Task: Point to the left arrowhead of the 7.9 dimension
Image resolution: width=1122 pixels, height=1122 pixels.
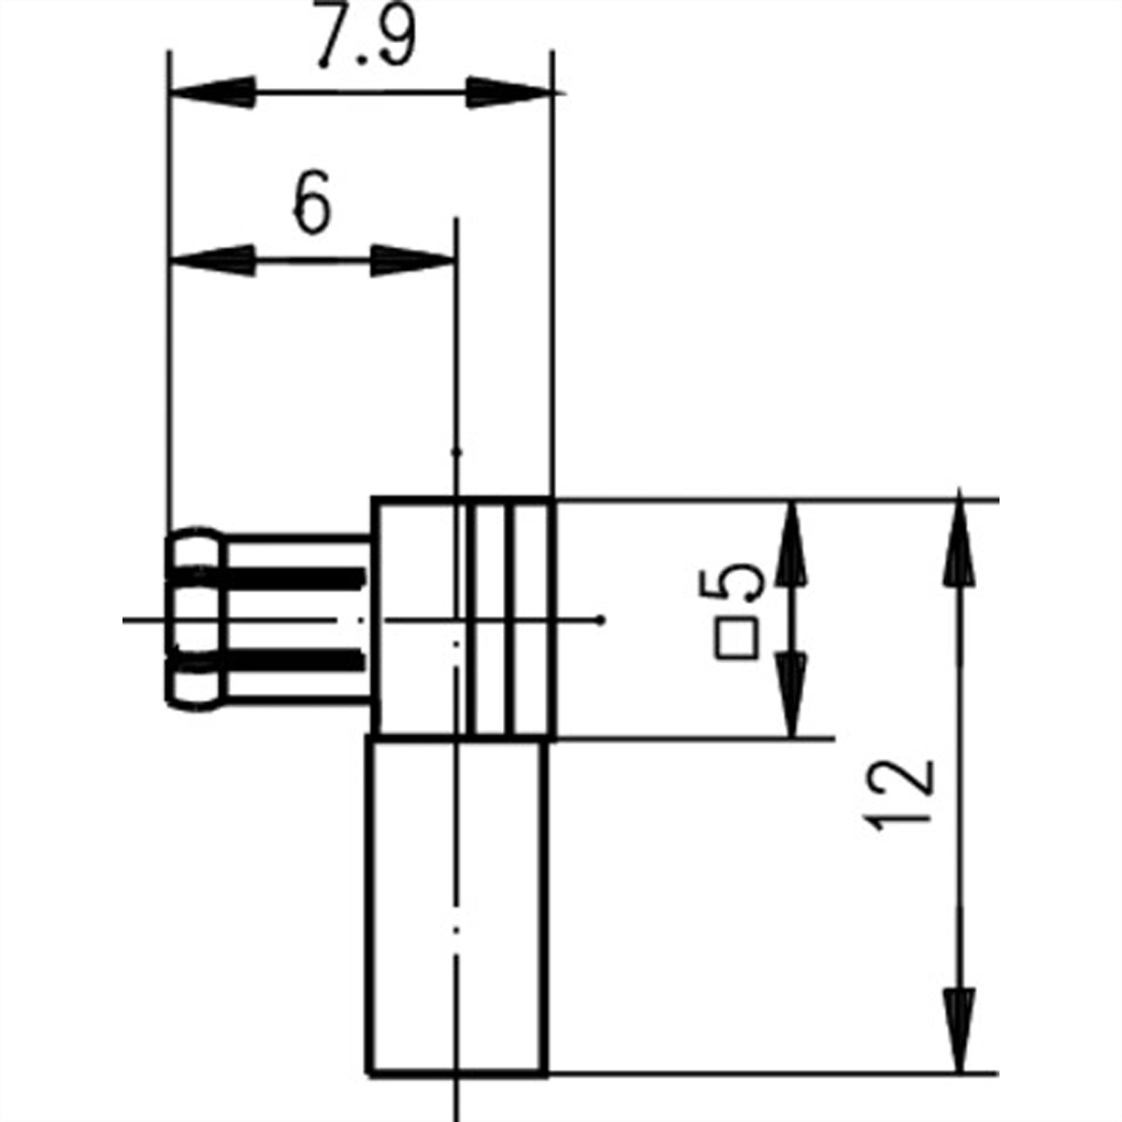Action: pyautogui.click(x=213, y=93)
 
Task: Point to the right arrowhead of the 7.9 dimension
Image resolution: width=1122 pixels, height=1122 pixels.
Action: pyautogui.click(x=510, y=93)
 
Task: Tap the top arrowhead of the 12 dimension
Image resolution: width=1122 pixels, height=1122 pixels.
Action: pyautogui.click(x=958, y=542)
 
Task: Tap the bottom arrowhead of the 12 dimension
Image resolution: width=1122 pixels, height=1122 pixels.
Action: pyautogui.click(x=958, y=1028)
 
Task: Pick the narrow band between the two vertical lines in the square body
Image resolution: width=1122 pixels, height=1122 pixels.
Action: pyautogui.click(x=492, y=617)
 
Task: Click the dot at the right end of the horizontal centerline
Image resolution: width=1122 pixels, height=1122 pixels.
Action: pyautogui.click(x=603, y=619)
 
